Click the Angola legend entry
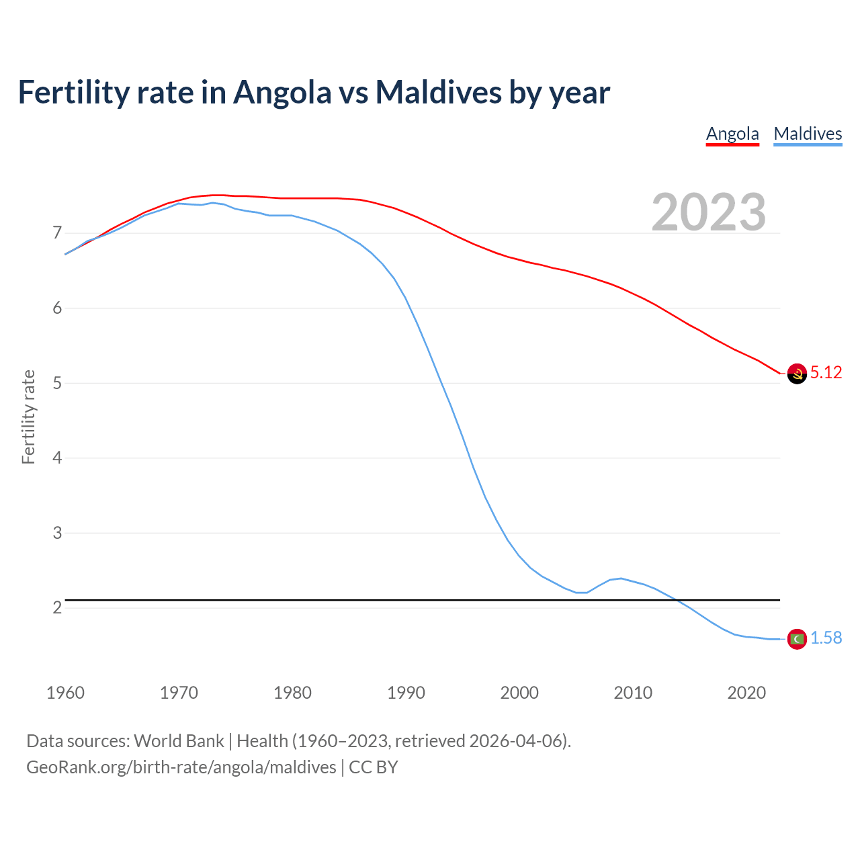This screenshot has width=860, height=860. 732,134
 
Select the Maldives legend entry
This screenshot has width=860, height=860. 808,134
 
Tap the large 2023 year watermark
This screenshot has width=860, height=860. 709,212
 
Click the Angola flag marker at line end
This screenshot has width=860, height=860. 797,374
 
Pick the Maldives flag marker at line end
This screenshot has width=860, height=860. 797,639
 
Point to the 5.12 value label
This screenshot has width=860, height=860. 826,373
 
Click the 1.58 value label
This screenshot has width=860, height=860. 826,638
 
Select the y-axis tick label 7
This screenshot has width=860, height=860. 57,233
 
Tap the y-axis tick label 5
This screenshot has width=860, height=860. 57,383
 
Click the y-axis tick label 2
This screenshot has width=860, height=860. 57,608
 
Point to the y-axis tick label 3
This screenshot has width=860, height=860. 57,533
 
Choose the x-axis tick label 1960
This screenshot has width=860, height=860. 65,693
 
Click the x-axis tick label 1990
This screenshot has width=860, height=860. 406,693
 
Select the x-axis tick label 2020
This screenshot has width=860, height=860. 746,693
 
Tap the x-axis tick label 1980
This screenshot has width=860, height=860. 292,693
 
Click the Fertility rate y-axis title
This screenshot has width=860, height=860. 28,417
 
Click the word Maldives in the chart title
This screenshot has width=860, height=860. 438,92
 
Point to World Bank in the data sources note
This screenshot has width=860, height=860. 179,741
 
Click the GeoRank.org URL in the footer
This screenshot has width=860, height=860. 181,767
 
